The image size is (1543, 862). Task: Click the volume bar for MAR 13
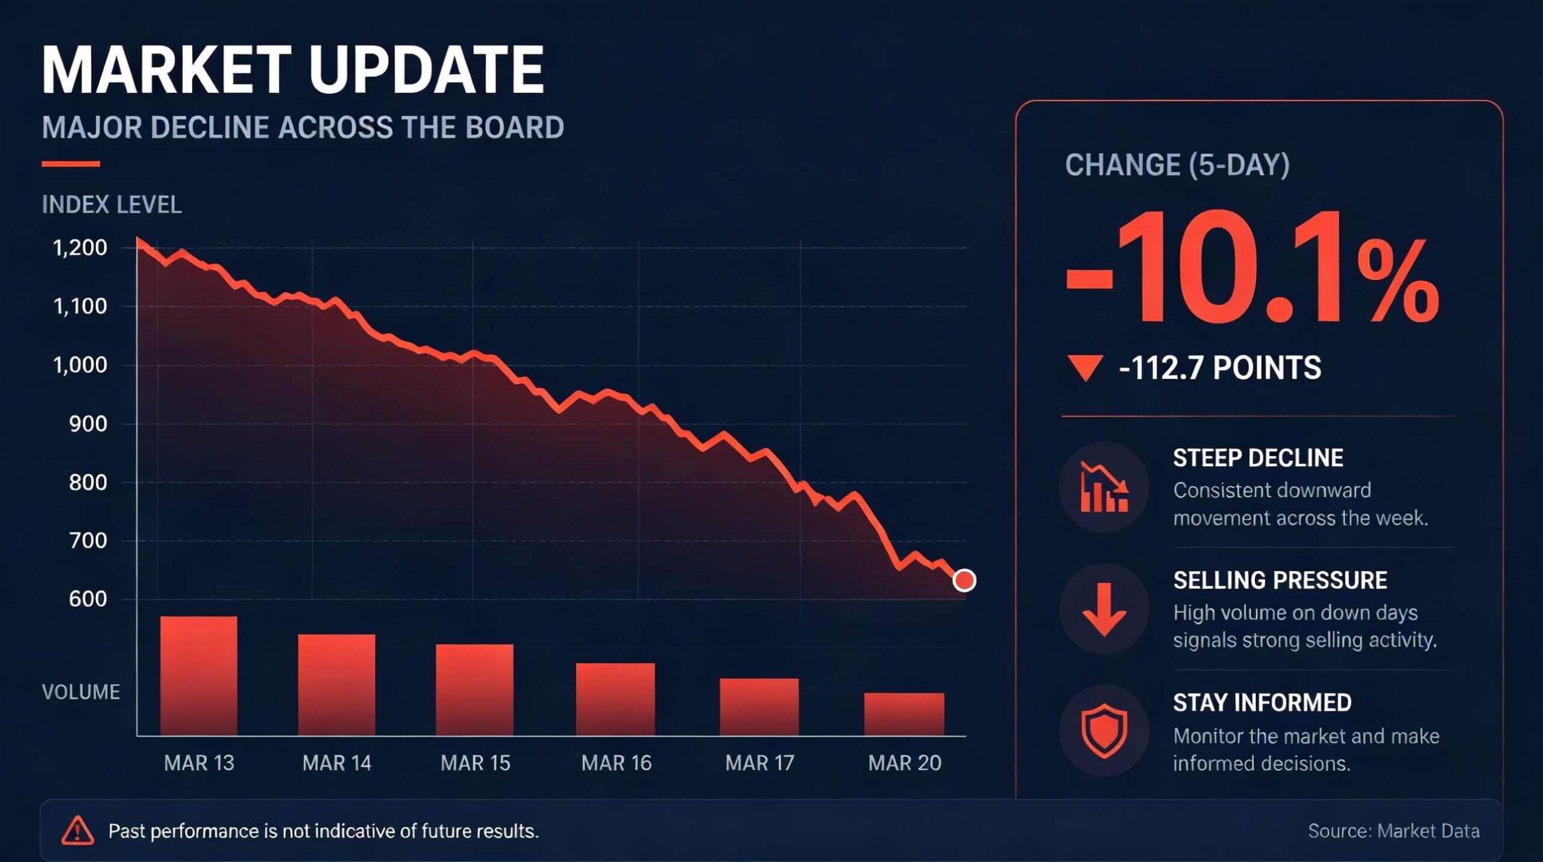[199, 676]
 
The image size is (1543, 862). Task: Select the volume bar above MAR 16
[615, 699]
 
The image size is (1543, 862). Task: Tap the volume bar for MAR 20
[904, 714]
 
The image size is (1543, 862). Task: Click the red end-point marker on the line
[964, 580]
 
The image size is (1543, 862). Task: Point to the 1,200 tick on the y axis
[80, 248]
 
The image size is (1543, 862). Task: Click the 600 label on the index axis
[88, 599]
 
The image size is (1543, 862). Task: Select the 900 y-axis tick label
[88, 424]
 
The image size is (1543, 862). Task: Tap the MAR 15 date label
[476, 763]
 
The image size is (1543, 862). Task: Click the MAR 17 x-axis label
[760, 763]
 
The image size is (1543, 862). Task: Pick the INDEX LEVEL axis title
[112, 205]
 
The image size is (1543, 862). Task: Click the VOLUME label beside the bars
[81, 692]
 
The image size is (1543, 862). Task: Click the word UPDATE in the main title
[426, 70]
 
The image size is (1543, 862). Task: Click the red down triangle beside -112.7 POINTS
[1085, 367]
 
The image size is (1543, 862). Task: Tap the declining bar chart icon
[1104, 487]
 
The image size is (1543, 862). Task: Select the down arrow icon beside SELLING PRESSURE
[1104, 609]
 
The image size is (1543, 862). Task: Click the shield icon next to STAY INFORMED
[1104, 731]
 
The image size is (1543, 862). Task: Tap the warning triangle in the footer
[78, 831]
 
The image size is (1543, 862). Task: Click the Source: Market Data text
[1394, 831]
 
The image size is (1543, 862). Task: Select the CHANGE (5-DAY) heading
[1177, 165]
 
